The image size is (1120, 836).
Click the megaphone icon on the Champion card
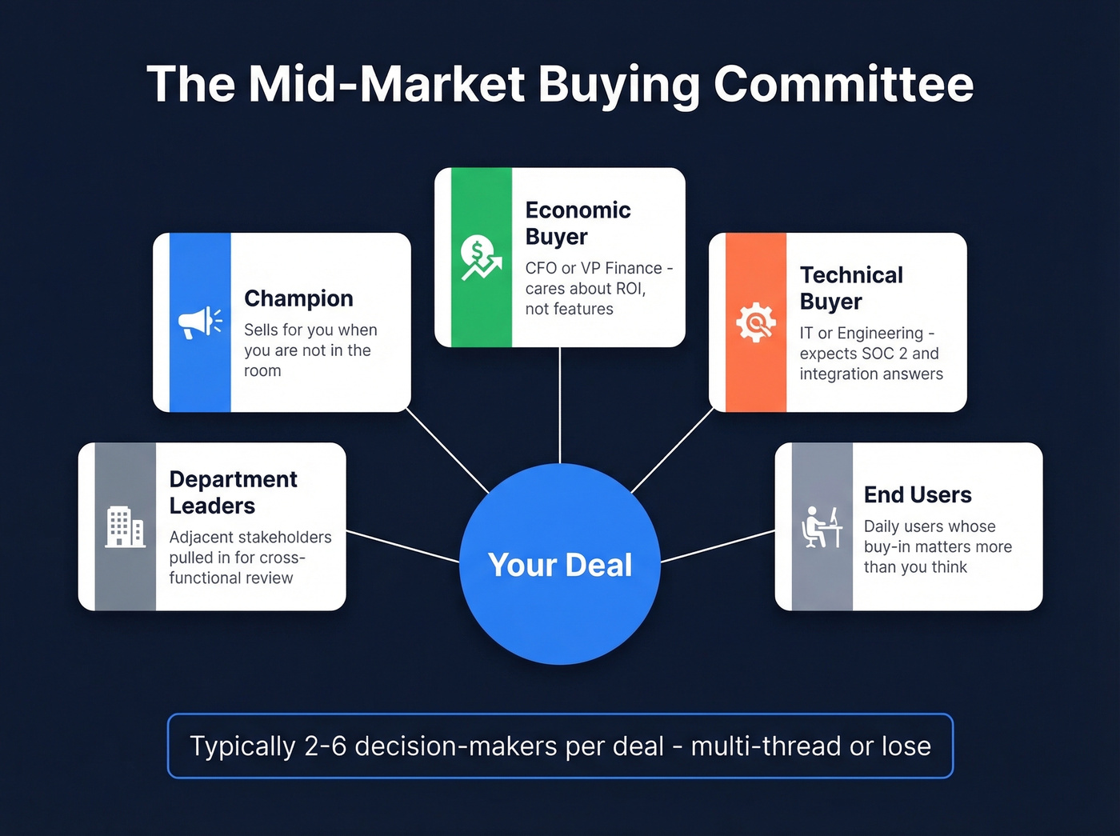pos(199,322)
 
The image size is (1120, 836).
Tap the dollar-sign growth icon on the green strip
pos(481,258)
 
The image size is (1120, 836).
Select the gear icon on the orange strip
pos(755,322)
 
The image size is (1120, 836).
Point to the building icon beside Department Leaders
pos(125,526)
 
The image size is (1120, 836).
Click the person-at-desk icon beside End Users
pos(822,526)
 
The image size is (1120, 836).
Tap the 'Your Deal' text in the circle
pos(560,565)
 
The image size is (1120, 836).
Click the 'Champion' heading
pos(298,298)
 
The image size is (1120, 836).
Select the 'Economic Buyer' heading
pos(578,223)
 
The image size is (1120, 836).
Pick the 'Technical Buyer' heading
pos(851,288)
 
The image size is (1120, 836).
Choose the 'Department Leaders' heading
pos(233,492)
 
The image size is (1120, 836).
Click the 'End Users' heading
pos(918,495)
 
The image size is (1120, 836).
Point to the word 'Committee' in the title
pos(843,84)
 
